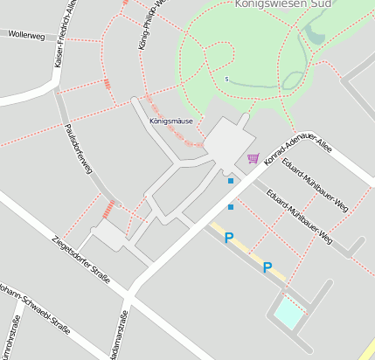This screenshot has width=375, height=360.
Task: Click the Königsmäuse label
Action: [x=170, y=121]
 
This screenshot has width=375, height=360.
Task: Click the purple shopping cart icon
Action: [x=253, y=158]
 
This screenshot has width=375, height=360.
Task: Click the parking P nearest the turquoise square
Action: [x=267, y=268]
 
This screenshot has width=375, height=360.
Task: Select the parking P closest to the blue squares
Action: [x=229, y=237]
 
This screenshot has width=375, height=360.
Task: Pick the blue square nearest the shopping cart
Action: [x=231, y=181]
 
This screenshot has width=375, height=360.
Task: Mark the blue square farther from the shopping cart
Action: [x=231, y=207]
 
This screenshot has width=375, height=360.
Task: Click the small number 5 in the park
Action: [x=226, y=80]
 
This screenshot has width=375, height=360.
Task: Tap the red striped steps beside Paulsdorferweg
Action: [x=108, y=208]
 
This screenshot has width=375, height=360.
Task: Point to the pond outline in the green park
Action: [x=313, y=35]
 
